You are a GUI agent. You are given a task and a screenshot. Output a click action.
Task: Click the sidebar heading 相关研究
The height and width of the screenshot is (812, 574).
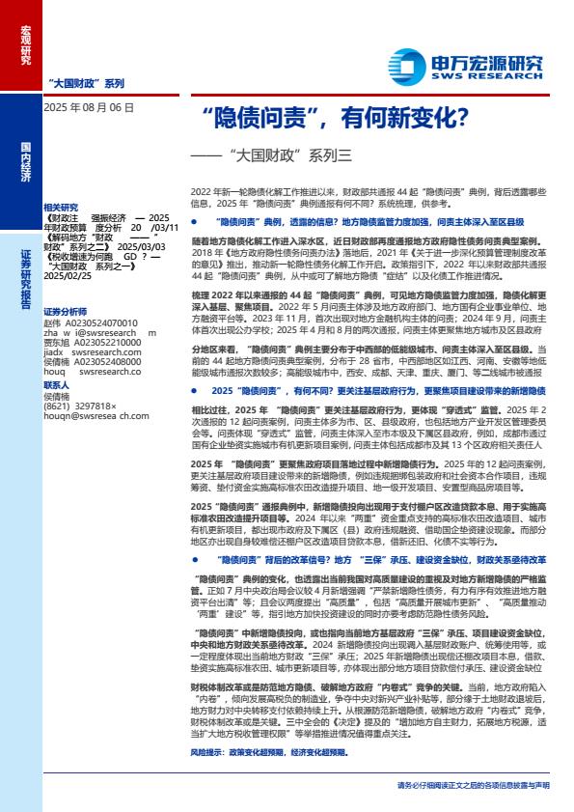pos(60,208)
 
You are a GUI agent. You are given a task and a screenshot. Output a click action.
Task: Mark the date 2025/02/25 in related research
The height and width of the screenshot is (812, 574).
pos(67,275)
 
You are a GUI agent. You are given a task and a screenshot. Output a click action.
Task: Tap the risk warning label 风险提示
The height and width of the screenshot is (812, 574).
pos(211,750)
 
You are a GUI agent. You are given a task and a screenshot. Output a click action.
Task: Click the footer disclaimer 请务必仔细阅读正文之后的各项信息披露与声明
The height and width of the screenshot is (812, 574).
pos(473,786)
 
